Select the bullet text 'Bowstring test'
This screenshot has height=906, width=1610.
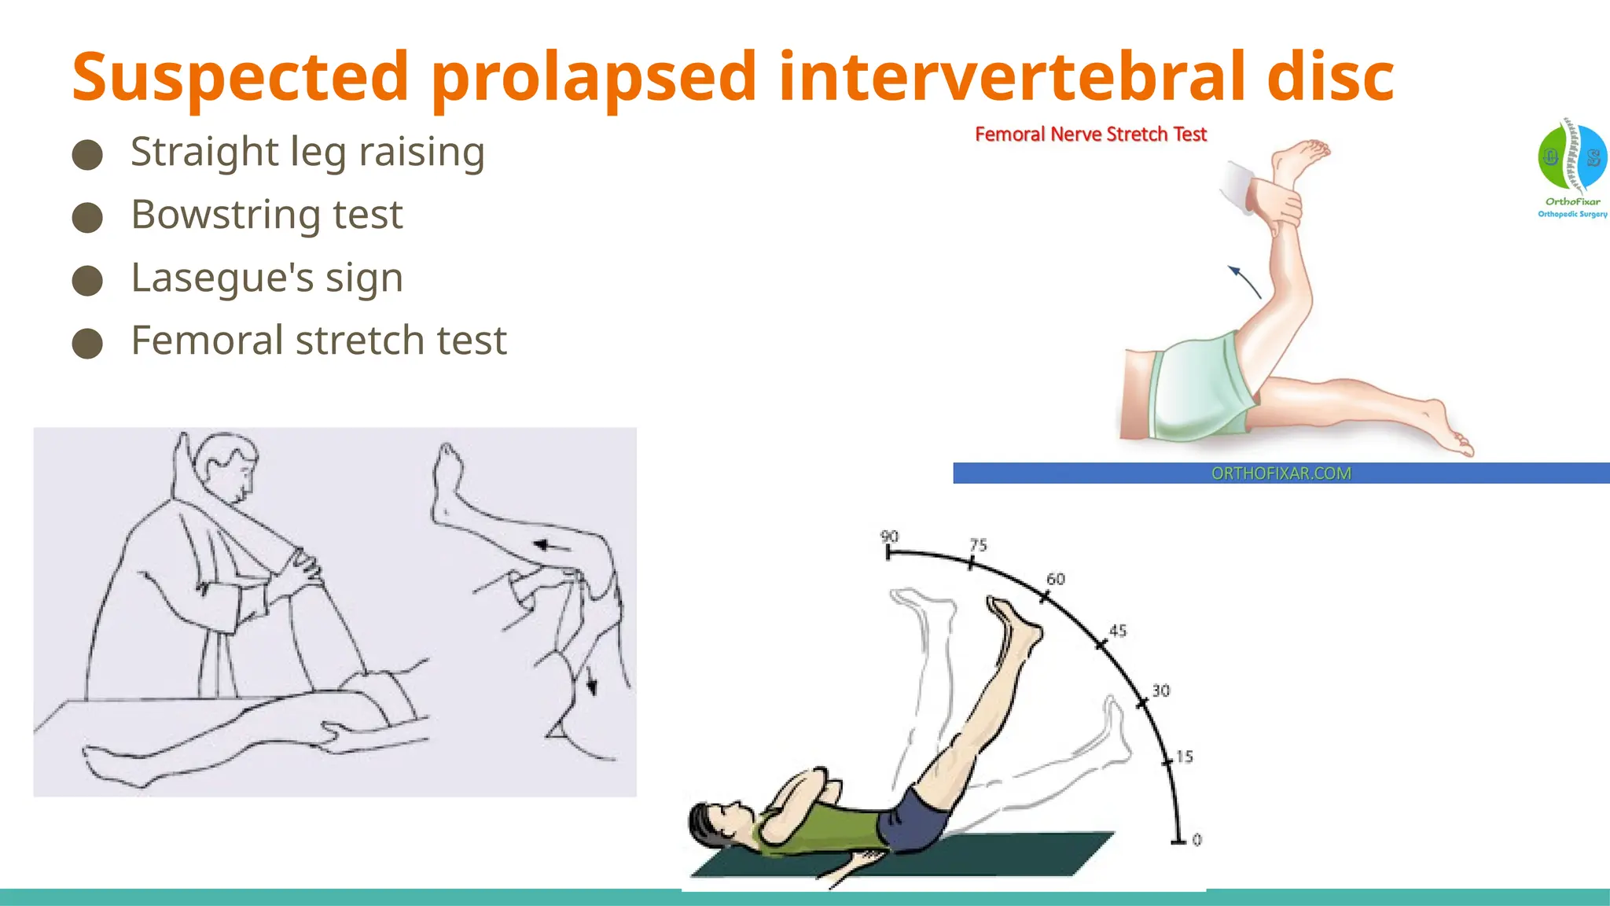pyautogui.click(x=266, y=214)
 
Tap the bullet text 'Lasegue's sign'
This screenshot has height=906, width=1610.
pyautogui.click(x=266, y=277)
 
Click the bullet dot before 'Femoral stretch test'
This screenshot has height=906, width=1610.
pyautogui.click(x=87, y=343)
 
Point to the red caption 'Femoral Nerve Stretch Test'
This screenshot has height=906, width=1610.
pyautogui.click(x=1090, y=134)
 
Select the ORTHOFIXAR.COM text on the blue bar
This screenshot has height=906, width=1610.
pyautogui.click(x=1281, y=473)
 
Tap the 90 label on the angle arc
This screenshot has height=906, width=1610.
pyautogui.click(x=889, y=536)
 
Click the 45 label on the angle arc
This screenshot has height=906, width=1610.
pyautogui.click(x=1117, y=631)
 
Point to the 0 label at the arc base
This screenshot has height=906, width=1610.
pyautogui.click(x=1196, y=840)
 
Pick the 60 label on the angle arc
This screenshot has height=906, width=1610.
pyautogui.click(x=1055, y=579)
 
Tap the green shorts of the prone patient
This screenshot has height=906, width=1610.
pyautogui.click(x=1199, y=385)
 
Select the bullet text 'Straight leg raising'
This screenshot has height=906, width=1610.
pyautogui.click(x=307, y=151)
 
